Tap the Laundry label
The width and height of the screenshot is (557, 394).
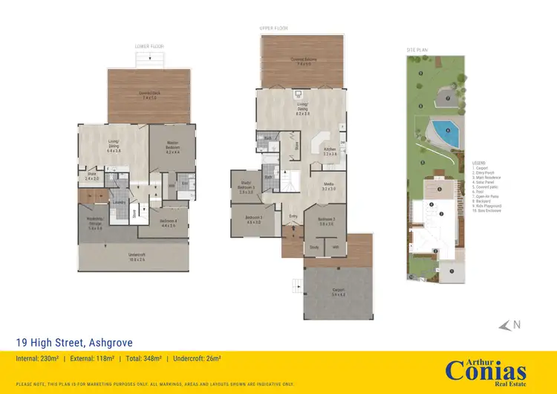pyautogui.click(x=117, y=201)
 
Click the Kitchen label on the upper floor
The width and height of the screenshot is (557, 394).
pyautogui.click(x=330, y=151)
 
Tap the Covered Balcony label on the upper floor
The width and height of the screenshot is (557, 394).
pyautogui.click(x=302, y=62)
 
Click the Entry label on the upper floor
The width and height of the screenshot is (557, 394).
pyautogui.click(x=293, y=216)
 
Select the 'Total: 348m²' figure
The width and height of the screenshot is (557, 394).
pyautogui.click(x=148, y=360)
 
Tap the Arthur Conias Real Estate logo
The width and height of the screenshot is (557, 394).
pyautogui.click(x=486, y=369)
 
